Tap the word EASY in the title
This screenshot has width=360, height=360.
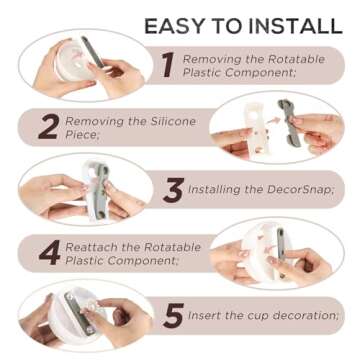171,26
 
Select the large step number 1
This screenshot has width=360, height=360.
168,65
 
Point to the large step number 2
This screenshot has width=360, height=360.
49,128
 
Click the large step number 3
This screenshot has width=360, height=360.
173,190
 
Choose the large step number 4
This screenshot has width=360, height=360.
49,253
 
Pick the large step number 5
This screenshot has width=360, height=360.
173,315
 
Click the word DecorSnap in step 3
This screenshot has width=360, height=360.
300,190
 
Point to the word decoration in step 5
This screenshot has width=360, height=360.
305,315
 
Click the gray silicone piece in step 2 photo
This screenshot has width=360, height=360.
289,123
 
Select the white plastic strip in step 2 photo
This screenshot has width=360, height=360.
257,130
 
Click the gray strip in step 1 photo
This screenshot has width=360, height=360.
93,52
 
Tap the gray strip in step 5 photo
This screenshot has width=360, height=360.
79,312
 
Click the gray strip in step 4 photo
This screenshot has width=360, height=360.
281,244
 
